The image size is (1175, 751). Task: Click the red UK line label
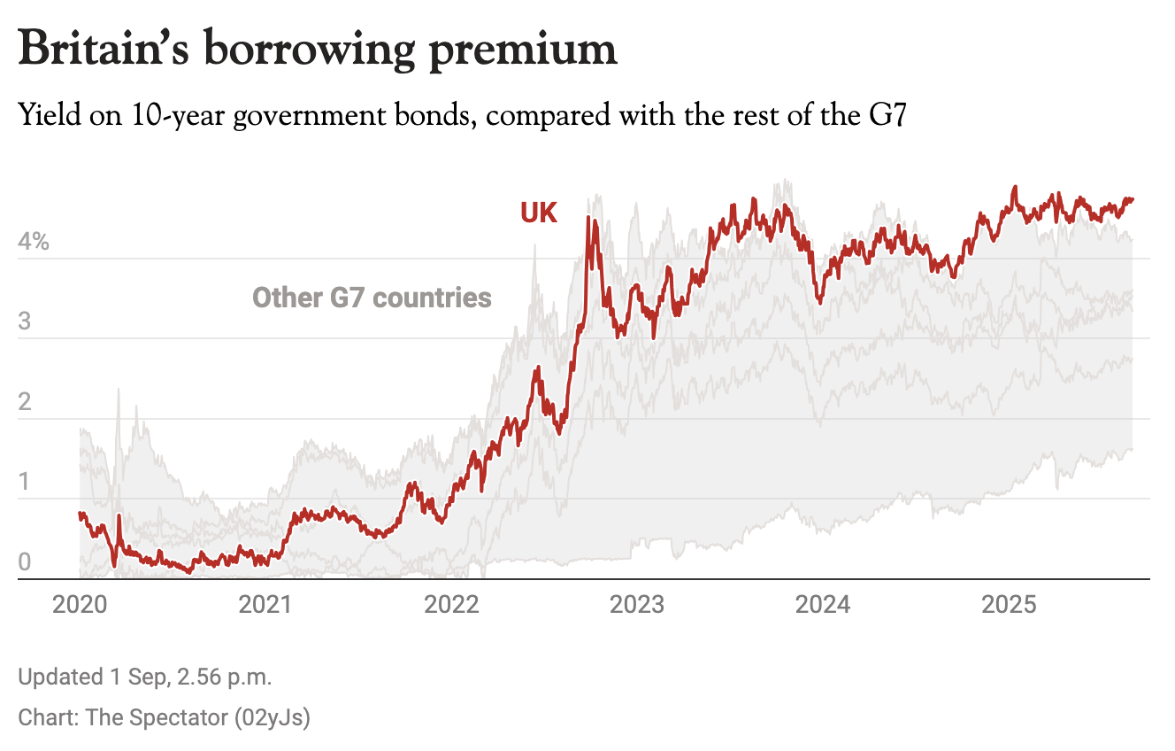539,213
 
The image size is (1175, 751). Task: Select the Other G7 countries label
372,297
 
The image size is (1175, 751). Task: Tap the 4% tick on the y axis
34,242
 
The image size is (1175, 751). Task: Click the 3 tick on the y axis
24,321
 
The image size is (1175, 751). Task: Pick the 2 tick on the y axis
24,402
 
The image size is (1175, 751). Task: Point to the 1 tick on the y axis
24,482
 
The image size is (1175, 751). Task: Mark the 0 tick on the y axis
24,562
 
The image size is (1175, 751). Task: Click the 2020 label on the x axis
80,605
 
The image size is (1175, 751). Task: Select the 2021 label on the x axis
265,605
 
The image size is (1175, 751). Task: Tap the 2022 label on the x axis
452,605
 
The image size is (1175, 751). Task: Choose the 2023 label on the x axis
638,605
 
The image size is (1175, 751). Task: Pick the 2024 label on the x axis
824,605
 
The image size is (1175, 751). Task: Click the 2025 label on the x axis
1010,605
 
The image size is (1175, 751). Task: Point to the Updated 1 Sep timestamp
145,678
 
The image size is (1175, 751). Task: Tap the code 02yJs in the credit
273,717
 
